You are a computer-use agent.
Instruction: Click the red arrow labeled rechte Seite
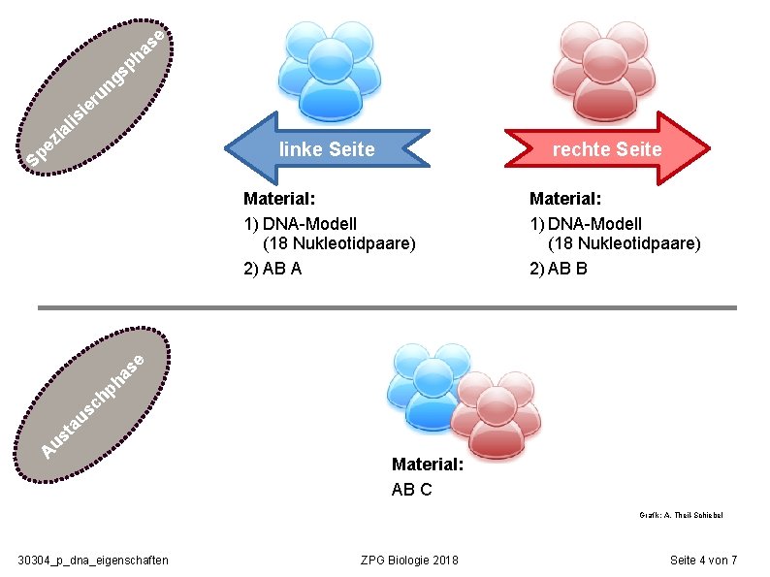point(606,148)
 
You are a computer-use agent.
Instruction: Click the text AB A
point(273,269)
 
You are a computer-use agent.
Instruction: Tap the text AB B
point(559,269)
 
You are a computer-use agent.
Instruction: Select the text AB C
point(412,489)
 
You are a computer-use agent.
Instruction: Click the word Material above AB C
point(428,465)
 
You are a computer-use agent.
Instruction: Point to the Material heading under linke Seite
point(279,199)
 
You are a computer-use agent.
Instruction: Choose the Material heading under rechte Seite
point(565,199)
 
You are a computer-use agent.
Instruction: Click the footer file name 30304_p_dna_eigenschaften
point(94,560)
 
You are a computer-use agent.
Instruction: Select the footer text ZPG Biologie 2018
point(409,560)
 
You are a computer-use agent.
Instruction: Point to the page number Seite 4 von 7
point(704,560)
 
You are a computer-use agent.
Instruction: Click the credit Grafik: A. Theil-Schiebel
point(681,516)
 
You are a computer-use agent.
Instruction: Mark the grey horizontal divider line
point(387,307)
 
